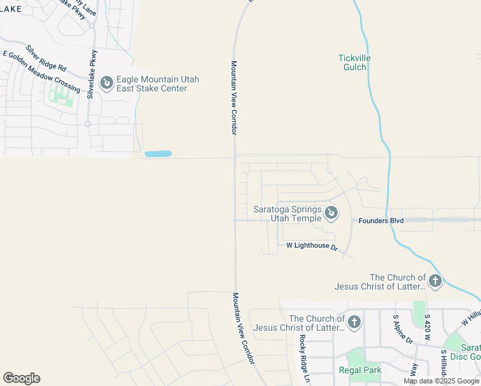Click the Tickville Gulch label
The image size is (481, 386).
[354, 62]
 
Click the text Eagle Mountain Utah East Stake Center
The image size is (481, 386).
[158, 84]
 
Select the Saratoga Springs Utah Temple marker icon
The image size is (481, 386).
[331, 212]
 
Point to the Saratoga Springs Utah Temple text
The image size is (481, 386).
[287, 214]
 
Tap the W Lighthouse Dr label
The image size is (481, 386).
[312, 246]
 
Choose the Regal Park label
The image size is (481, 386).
[360, 370]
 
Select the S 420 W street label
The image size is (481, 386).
[426, 329]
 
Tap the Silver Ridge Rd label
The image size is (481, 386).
[46, 58]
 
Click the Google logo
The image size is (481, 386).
[21, 378]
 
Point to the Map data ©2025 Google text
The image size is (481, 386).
[441, 381]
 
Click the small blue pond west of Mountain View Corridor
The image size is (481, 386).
[158, 154]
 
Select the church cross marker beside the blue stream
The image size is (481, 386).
[435, 280]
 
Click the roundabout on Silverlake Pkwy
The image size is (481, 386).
[88, 124]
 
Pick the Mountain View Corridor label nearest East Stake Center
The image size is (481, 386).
[234, 98]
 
